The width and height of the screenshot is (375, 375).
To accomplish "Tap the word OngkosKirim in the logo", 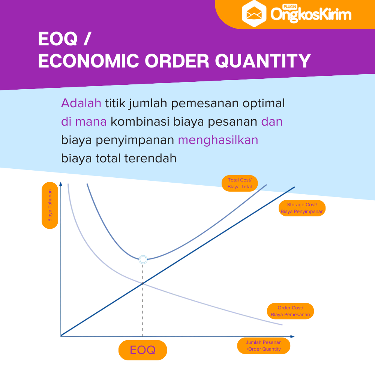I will (311, 15).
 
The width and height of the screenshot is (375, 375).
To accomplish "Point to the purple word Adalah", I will (81, 103).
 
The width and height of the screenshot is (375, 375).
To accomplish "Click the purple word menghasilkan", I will (218, 140).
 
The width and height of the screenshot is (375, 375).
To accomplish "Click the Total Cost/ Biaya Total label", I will (240, 183).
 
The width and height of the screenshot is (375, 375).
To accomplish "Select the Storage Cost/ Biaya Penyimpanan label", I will (302, 208).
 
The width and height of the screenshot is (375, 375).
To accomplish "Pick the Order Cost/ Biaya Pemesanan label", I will (290, 311).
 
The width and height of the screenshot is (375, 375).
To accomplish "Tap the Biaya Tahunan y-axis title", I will (50, 205).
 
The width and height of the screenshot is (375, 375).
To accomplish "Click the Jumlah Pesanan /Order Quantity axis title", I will (264, 346).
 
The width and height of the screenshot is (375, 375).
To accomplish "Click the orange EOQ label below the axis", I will (142, 350).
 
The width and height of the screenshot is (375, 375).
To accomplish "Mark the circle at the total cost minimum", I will (143, 259).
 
